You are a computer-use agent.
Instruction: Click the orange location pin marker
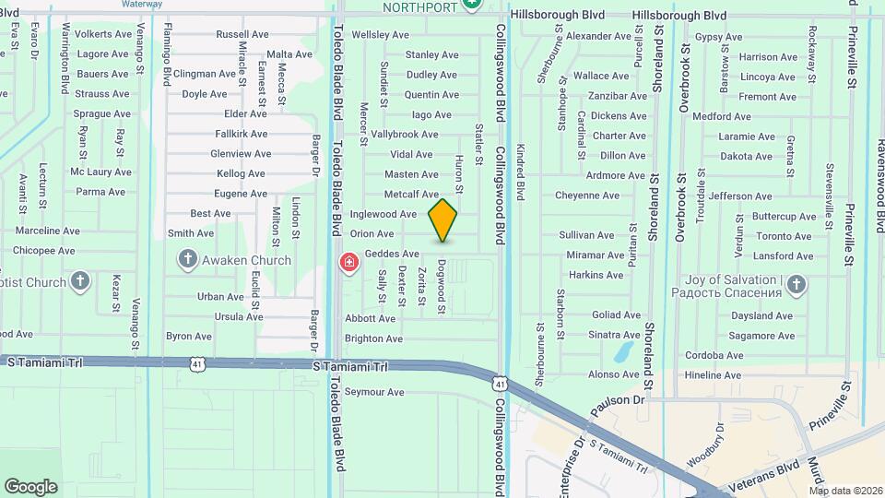(x=442, y=220)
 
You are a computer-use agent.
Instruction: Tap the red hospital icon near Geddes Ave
(x=349, y=264)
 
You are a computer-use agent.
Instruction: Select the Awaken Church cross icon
(x=187, y=259)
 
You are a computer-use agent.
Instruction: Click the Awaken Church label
(x=246, y=260)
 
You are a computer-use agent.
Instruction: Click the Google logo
(x=30, y=486)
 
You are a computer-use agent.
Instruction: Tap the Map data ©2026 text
(x=845, y=491)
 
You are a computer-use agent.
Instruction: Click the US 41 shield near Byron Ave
(x=197, y=365)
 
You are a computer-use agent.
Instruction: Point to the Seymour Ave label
(x=374, y=392)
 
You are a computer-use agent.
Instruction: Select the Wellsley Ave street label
(x=381, y=35)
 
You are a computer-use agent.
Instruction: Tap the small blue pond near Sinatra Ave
(x=624, y=350)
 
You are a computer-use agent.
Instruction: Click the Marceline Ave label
(x=48, y=231)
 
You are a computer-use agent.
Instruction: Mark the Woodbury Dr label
(x=706, y=447)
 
